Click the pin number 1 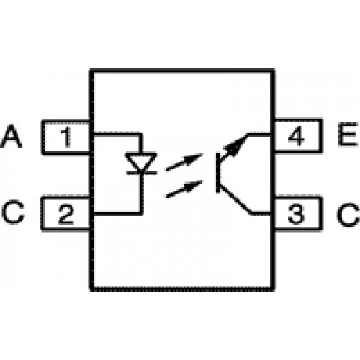pyautogui.click(x=66, y=137)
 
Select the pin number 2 pyautogui.click(x=66, y=215)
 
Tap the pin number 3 pyautogui.click(x=296, y=214)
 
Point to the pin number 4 pyautogui.click(x=296, y=137)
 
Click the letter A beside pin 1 pyautogui.click(x=11, y=135)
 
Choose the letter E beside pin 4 pyautogui.click(x=348, y=135)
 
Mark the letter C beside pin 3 pyautogui.click(x=348, y=215)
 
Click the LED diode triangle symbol pyautogui.click(x=141, y=161)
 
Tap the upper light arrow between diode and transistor pyautogui.click(x=184, y=162)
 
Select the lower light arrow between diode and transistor pyautogui.click(x=184, y=189)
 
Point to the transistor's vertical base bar pyautogui.click(x=217, y=173)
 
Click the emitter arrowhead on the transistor pyautogui.click(x=236, y=143)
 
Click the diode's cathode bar pyautogui.click(x=142, y=173)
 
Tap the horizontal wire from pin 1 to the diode pyautogui.click(x=117, y=134)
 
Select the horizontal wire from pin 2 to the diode pyautogui.click(x=117, y=213)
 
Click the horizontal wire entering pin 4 pyautogui.click(x=260, y=134)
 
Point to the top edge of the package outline pyautogui.click(x=182, y=71)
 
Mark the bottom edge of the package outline pyautogui.click(x=182, y=289)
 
